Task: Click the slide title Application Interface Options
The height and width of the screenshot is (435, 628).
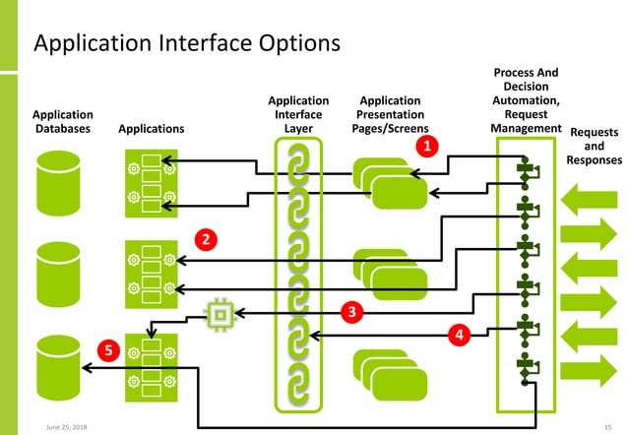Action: pos(187,44)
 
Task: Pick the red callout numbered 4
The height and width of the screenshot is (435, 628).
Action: pos(457,335)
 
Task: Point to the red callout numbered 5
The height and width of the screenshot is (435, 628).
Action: pos(109,349)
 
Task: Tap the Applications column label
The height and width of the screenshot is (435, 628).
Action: pos(150,128)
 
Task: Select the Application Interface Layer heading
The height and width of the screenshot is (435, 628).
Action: pos(297,114)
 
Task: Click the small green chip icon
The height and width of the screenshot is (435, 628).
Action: pos(221,314)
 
